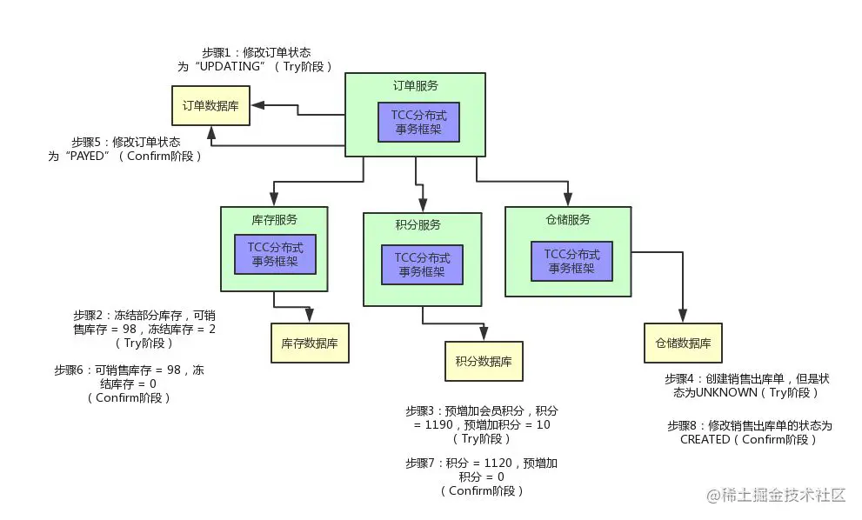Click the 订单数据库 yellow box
tap(210, 106)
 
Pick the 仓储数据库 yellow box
tap(682, 343)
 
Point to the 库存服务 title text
tap(273, 218)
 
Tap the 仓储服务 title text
tap(567, 219)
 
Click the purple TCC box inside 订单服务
tap(418, 123)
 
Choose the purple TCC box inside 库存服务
tap(275, 255)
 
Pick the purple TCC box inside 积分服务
tap(422, 264)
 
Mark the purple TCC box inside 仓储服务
tap(571, 261)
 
